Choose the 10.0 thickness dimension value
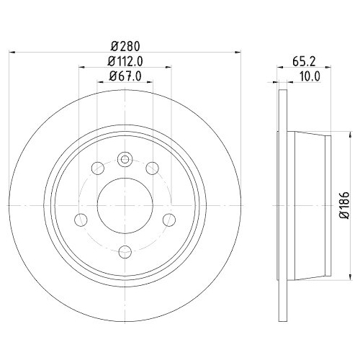pos(308,76)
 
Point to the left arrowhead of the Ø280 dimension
pos(16,52)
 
